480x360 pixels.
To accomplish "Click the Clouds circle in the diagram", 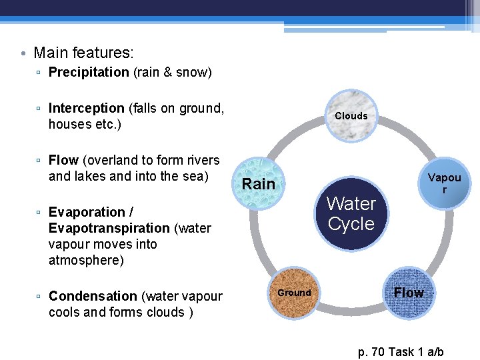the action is tap(352, 116).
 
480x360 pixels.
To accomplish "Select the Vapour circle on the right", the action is tap(444, 183).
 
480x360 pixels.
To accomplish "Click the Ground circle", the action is tap(294, 293).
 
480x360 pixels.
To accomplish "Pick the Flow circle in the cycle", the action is tap(408, 293).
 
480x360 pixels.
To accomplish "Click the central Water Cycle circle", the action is tap(351, 213).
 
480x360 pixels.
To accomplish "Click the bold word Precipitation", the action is tap(89, 72).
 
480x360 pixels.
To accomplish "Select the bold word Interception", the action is tap(86, 108).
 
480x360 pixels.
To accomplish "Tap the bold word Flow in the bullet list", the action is tap(63, 160).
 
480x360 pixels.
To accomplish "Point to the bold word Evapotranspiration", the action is tap(109, 228).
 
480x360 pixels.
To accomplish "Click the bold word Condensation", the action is tap(93, 296).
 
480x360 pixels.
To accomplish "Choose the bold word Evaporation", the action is tap(87, 212).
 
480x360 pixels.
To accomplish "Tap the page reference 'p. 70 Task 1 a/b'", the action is tap(401, 352).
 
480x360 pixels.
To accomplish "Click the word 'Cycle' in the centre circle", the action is tap(351, 224).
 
